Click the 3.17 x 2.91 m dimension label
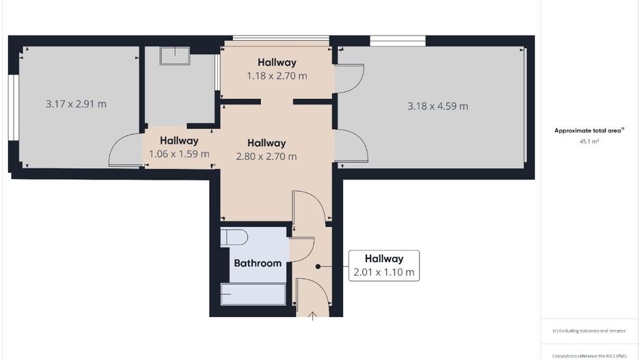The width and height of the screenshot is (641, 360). coord(76,105)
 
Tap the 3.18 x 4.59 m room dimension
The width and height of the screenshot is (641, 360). coord(437,106)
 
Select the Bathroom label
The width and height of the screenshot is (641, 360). coord(258,263)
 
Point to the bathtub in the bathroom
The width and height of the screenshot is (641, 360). coord(253,294)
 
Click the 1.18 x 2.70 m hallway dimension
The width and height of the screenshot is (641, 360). coord(277,76)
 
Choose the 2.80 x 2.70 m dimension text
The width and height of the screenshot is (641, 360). coord(266,156)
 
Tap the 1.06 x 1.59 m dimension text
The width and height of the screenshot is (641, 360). coord(179,154)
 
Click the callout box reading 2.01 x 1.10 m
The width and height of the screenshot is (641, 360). coord(383,265)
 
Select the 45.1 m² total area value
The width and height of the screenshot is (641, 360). coord(589,141)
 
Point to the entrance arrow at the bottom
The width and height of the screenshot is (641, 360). coord(313,316)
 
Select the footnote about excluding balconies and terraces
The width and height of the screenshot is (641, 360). coord(589,331)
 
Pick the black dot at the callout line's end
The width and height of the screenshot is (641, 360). coord(318,266)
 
